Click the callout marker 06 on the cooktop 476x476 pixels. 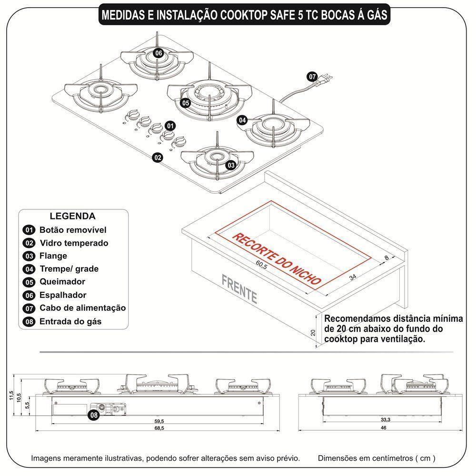coord(159,53)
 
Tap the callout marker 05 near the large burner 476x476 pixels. coord(185,102)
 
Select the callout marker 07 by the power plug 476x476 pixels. coord(312,76)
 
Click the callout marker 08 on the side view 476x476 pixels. coord(94,415)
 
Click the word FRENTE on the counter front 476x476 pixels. coord(239,289)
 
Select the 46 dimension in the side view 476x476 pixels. coord(383,428)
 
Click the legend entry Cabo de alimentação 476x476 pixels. coord(82,308)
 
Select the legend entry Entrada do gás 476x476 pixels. coord(70,321)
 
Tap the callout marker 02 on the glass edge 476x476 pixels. coord(158,158)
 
